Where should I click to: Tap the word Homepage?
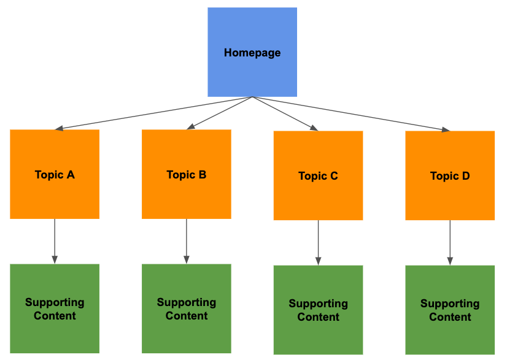click(252, 53)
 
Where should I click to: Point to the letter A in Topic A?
click(71, 175)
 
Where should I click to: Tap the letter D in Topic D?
click(466, 176)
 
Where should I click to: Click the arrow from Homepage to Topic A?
click(153, 113)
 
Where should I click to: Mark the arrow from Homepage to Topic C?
click(285, 113)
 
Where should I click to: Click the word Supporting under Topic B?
click(186, 302)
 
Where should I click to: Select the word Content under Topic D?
click(450, 317)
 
